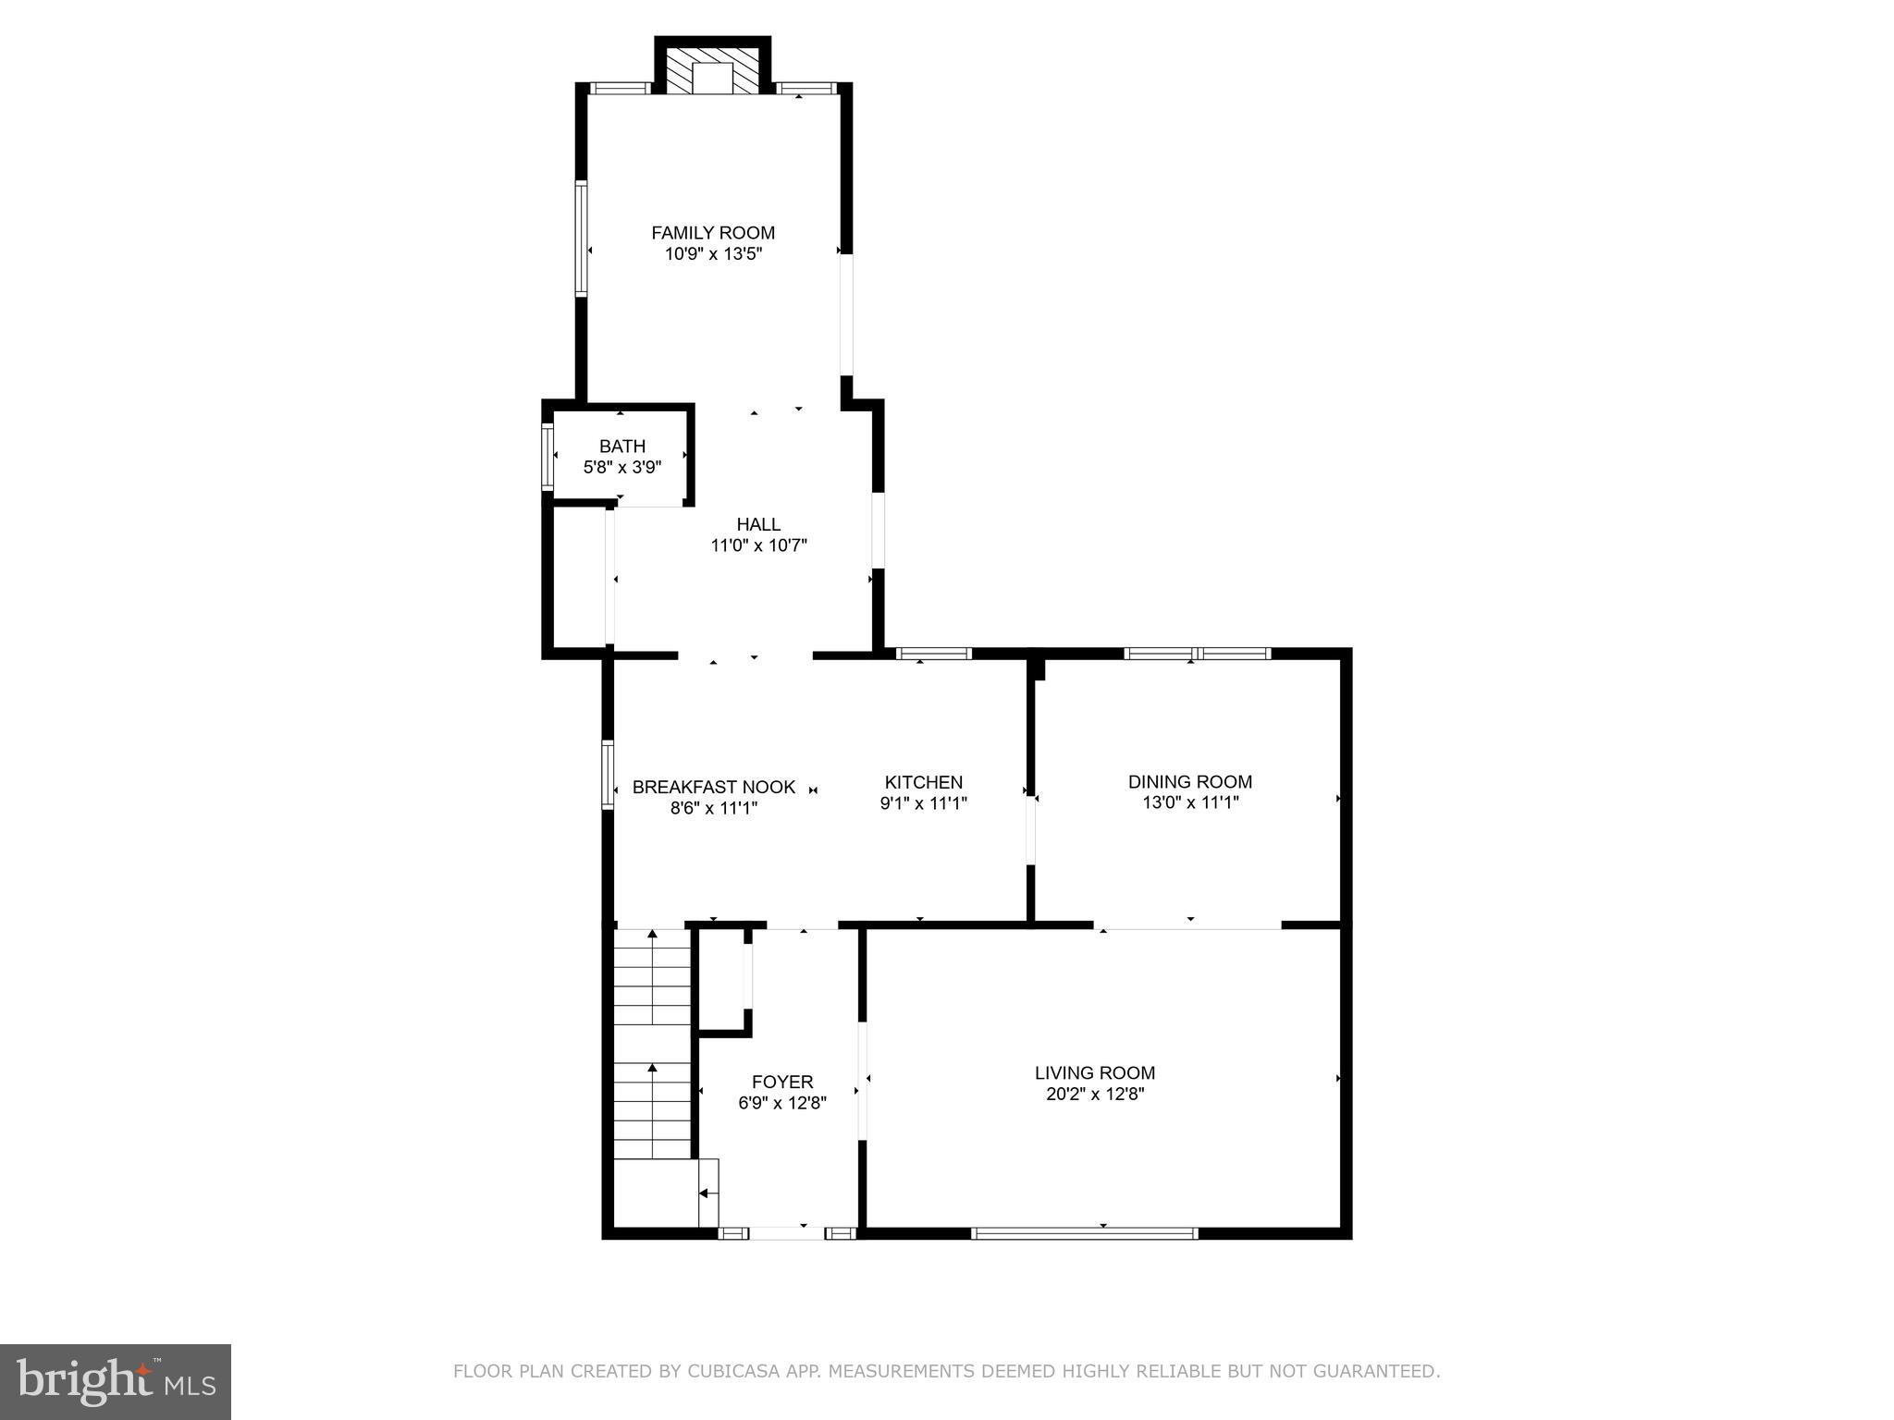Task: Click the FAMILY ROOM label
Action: (713, 233)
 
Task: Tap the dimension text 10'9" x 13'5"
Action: (713, 254)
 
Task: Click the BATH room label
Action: (622, 447)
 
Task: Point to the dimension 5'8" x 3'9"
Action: (622, 468)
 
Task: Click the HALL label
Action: (758, 524)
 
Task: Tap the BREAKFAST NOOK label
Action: (713, 787)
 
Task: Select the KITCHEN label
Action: (923, 782)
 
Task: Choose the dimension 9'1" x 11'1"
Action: (923, 803)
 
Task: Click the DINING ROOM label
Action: (1189, 781)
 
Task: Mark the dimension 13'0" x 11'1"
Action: (1189, 802)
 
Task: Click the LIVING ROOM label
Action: (1094, 1072)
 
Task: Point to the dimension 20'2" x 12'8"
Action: (1094, 1094)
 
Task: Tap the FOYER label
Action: (782, 1082)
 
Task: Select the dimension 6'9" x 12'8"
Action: (782, 1103)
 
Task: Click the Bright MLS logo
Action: (116, 1381)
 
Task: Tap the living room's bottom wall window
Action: (1084, 1232)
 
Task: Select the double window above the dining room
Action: (1198, 654)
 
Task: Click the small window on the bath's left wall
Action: (547, 455)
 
